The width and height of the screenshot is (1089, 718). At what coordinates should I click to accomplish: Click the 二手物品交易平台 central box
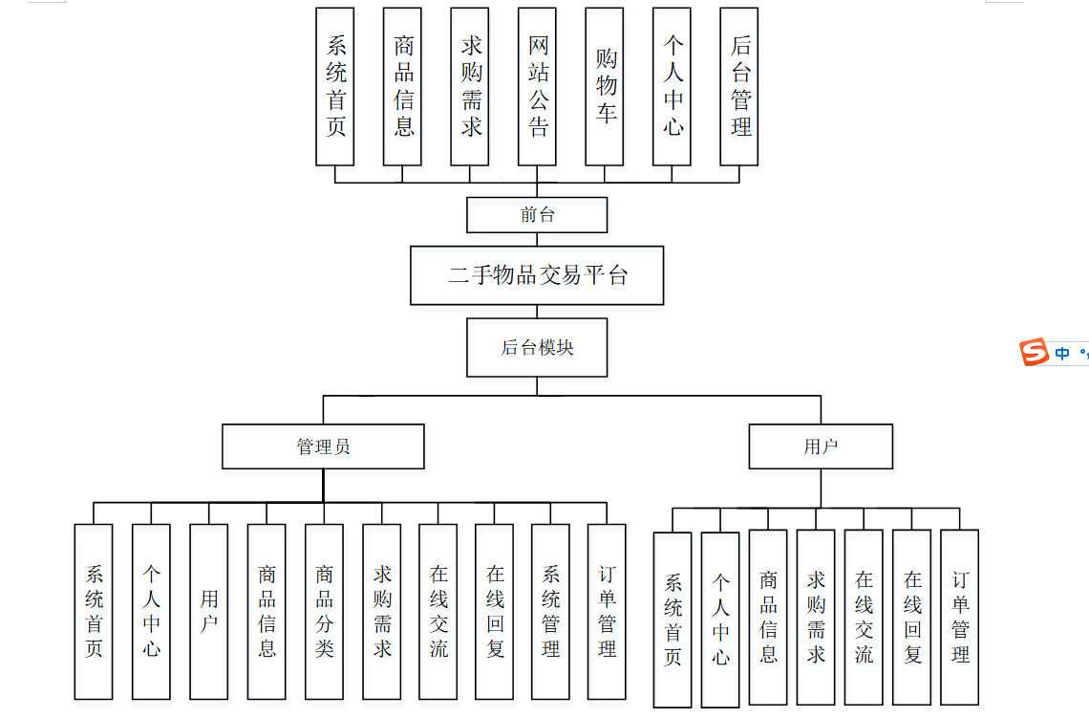537,275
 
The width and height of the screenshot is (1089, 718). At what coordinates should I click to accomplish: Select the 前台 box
537,215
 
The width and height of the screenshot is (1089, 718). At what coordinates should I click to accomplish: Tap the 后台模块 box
537,347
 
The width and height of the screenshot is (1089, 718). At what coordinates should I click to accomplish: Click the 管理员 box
323,446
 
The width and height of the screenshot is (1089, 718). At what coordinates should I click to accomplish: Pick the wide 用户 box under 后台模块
821,446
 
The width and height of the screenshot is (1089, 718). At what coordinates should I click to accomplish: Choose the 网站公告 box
537,86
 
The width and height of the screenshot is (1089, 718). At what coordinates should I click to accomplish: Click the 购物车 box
605,86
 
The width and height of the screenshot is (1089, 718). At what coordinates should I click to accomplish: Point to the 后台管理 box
739,86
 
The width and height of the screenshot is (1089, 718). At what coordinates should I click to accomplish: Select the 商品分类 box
324,611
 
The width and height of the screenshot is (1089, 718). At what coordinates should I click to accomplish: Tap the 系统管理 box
550,611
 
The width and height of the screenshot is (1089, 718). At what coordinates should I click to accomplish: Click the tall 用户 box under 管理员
209,611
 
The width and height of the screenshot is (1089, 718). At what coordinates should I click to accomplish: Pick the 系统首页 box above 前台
335,86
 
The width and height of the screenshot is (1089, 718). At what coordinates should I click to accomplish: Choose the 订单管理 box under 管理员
607,611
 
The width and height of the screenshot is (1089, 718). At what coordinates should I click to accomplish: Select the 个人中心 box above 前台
673,86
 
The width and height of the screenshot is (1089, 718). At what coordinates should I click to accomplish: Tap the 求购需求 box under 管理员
381,611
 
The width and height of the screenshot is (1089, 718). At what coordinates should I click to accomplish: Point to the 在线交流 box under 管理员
438,611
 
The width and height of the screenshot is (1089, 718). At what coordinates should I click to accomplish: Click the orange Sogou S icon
1035,352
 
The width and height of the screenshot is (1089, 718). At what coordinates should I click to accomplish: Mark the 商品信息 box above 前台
402,86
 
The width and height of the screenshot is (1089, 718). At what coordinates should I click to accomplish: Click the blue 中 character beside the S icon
1062,354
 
